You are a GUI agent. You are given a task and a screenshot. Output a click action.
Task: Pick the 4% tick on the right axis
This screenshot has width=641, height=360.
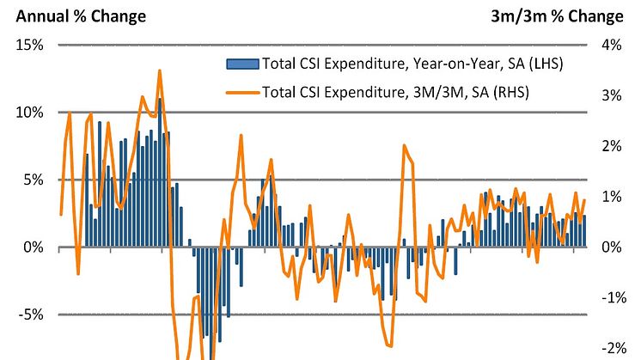coord(611,46)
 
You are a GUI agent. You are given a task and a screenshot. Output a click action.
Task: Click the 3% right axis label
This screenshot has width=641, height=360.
coord(611,96)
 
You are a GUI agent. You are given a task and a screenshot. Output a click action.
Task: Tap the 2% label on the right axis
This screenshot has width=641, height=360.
coord(611,147)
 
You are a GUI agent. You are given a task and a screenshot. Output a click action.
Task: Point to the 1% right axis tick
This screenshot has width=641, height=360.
coord(611,197)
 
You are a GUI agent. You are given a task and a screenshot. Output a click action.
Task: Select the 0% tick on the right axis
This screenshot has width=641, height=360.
coord(611,247)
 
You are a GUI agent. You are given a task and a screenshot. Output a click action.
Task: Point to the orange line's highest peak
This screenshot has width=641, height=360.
coord(159,71)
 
